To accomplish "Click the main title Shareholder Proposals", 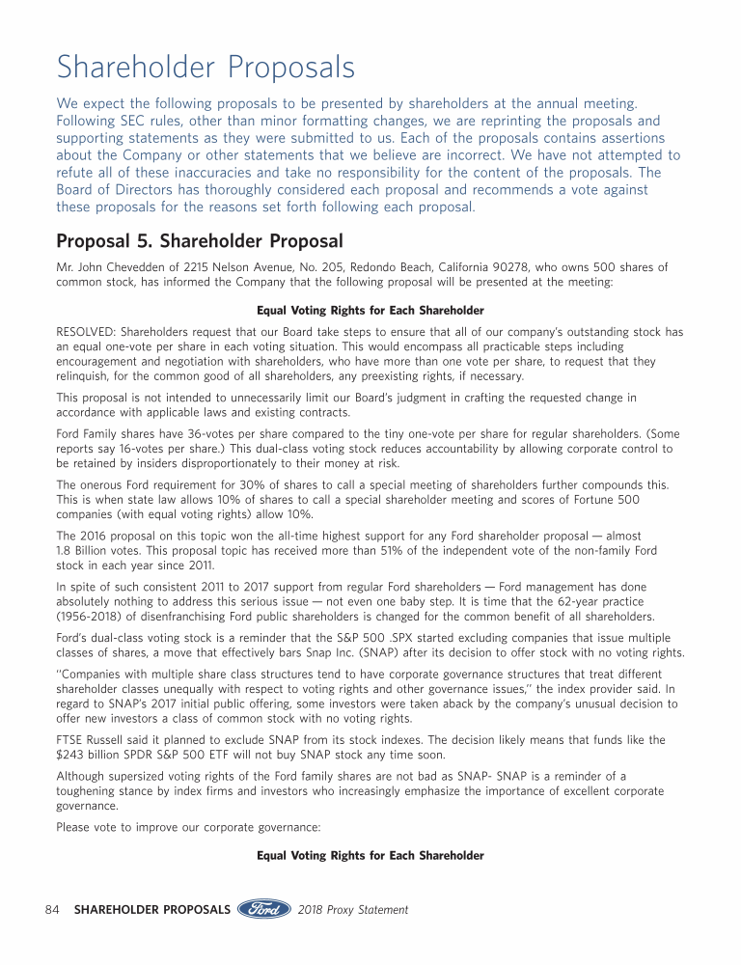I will (x=206, y=68).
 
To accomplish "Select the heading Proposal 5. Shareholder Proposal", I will (x=200, y=239).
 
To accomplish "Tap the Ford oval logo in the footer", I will (x=264, y=910).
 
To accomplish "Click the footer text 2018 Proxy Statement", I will (x=353, y=910).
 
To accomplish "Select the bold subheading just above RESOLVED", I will (x=370, y=310).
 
